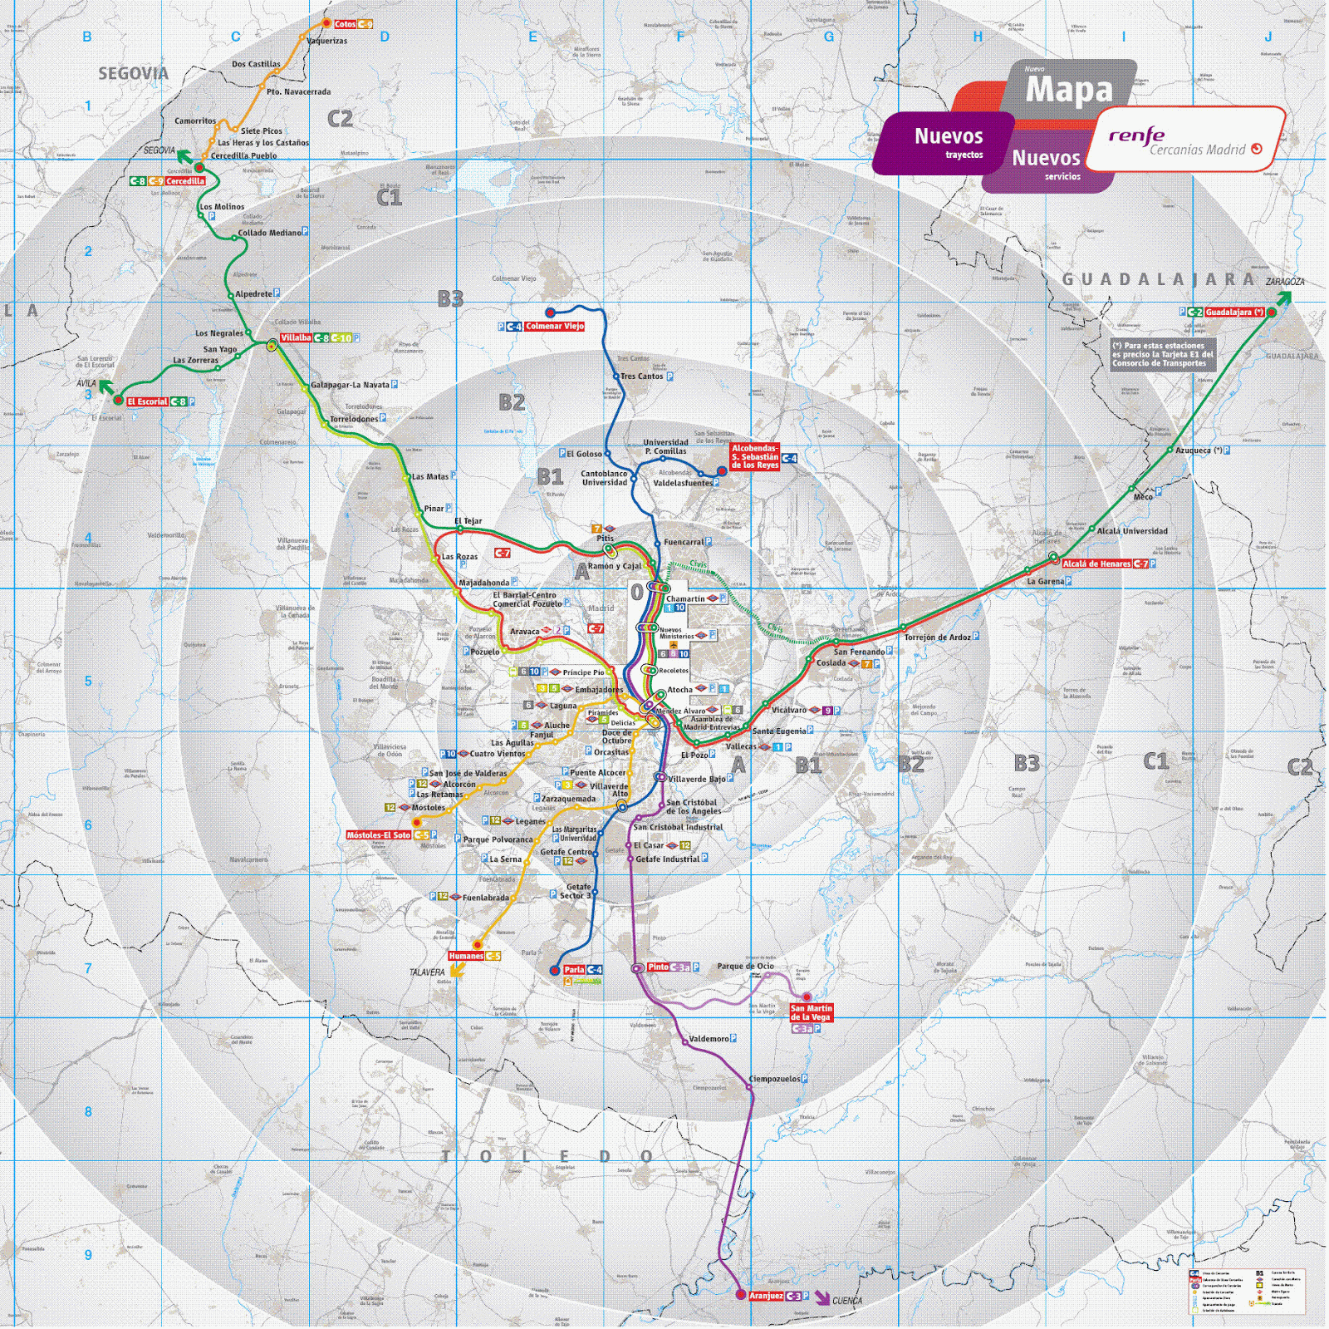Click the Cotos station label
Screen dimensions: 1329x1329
pos(345,24)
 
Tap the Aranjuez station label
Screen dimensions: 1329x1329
pos(766,1296)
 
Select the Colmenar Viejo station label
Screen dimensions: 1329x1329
pos(554,327)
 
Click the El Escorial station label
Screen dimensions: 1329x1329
pos(147,401)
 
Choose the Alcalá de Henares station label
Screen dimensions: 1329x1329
pos(1096,564)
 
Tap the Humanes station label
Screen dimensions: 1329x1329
pos(465,956)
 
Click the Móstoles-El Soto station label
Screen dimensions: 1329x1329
pos(379,835)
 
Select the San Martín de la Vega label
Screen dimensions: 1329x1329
pos(811,1012)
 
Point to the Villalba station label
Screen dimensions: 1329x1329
pos(296,338)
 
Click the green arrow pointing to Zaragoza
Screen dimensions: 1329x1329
pos(1282,298)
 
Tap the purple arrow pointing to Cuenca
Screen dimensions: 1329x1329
pos(821,1298)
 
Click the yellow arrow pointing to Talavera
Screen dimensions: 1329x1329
pos(457,970)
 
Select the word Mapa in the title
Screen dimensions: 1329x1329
pos(1068,90)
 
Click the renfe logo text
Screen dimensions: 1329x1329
pos(1136,135)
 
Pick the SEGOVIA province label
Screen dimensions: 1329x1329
pos(133,74)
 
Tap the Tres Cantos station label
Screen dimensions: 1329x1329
pos(642,377)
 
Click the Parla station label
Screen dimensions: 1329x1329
pos(574,970)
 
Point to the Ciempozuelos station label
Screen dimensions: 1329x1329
pos(774,1079)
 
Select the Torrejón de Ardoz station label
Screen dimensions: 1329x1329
pos(937,637)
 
